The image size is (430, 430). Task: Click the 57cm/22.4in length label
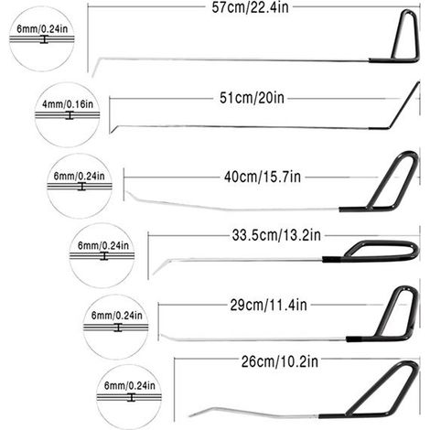250,7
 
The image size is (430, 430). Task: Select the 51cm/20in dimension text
252,98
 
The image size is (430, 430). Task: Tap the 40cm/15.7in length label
263,177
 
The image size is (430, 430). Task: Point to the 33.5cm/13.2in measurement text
276,235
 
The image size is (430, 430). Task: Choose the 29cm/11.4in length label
268,305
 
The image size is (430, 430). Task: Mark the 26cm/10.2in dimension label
280,361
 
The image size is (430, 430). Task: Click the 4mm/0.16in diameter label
68,104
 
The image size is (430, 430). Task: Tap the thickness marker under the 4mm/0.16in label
70,115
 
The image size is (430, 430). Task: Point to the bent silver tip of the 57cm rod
95,66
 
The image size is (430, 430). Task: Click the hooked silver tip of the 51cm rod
113,129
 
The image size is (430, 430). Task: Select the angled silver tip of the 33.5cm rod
160,267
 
